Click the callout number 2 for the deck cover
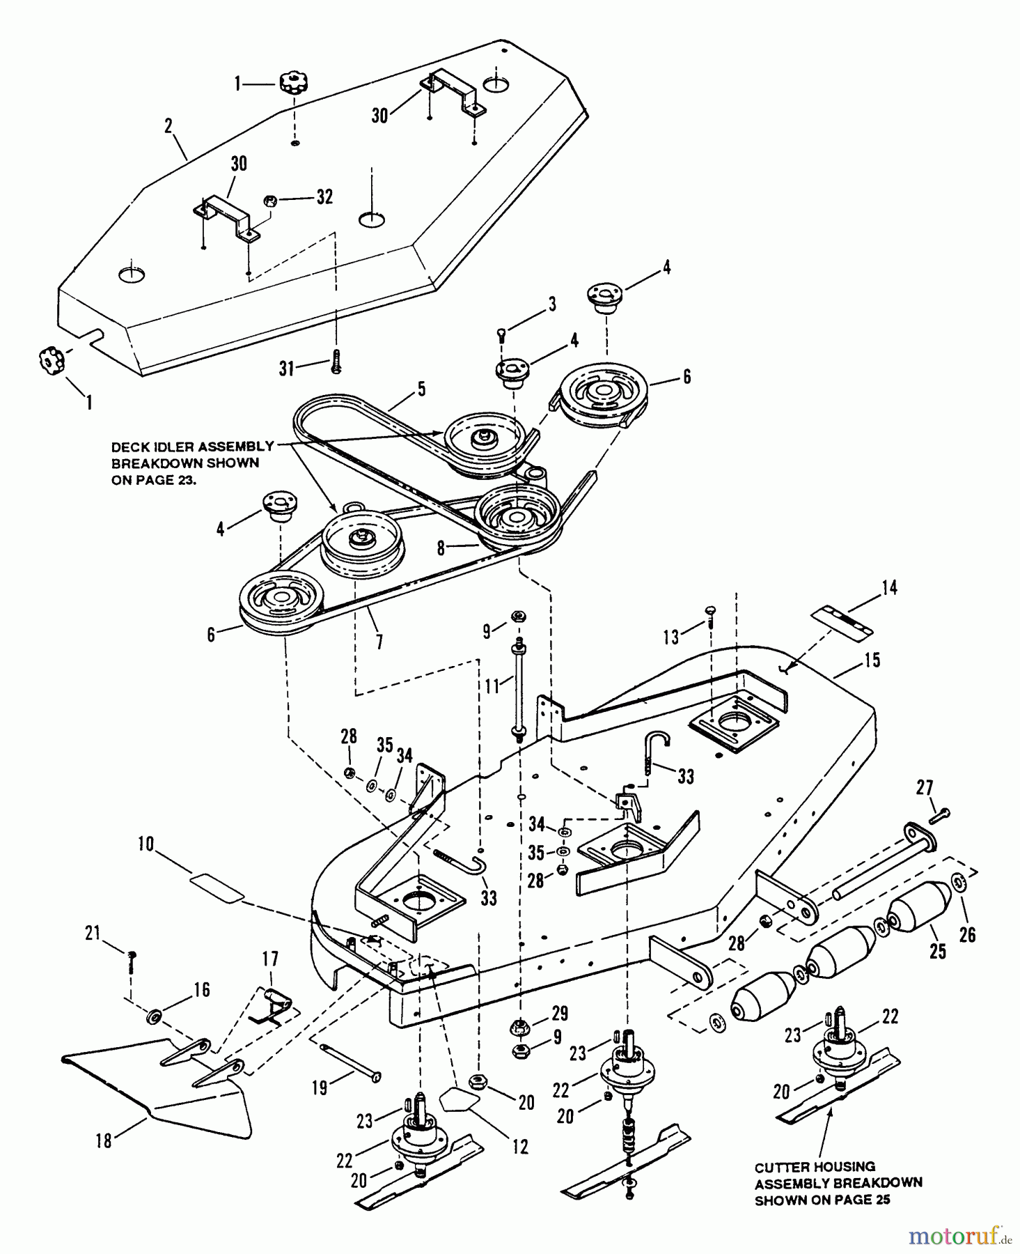(168, 126)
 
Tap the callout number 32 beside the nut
(324, 197)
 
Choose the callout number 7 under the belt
(379, 641)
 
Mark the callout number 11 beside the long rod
(492, 686)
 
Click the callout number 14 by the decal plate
(889, 587)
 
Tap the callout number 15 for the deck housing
(872, 659)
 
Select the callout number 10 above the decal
(146, 844)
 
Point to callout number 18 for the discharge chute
(104, 1141)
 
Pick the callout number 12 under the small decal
(520, 1146)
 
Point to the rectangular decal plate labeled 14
(842, 620)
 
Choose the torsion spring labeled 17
(272, 1003)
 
